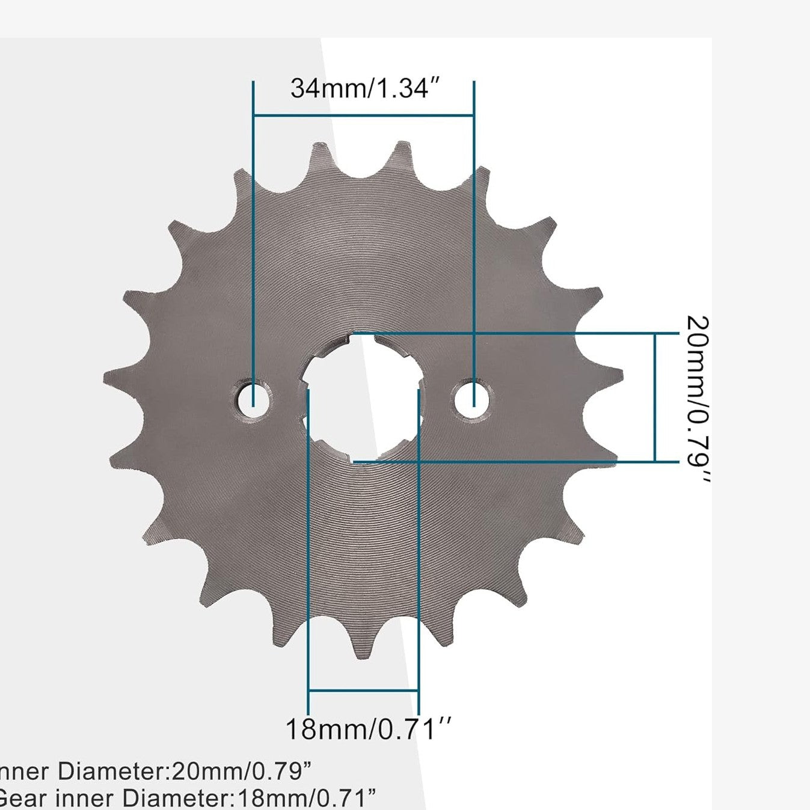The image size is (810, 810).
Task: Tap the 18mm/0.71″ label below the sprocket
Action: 367,729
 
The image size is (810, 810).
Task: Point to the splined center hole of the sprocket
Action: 363,397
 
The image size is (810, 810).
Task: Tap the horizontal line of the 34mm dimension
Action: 364,115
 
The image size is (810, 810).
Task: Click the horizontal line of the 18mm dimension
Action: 363,691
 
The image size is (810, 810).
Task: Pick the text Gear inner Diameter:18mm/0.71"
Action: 186,799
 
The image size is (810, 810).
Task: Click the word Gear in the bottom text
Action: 24,799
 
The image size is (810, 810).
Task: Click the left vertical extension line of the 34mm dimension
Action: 253,241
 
